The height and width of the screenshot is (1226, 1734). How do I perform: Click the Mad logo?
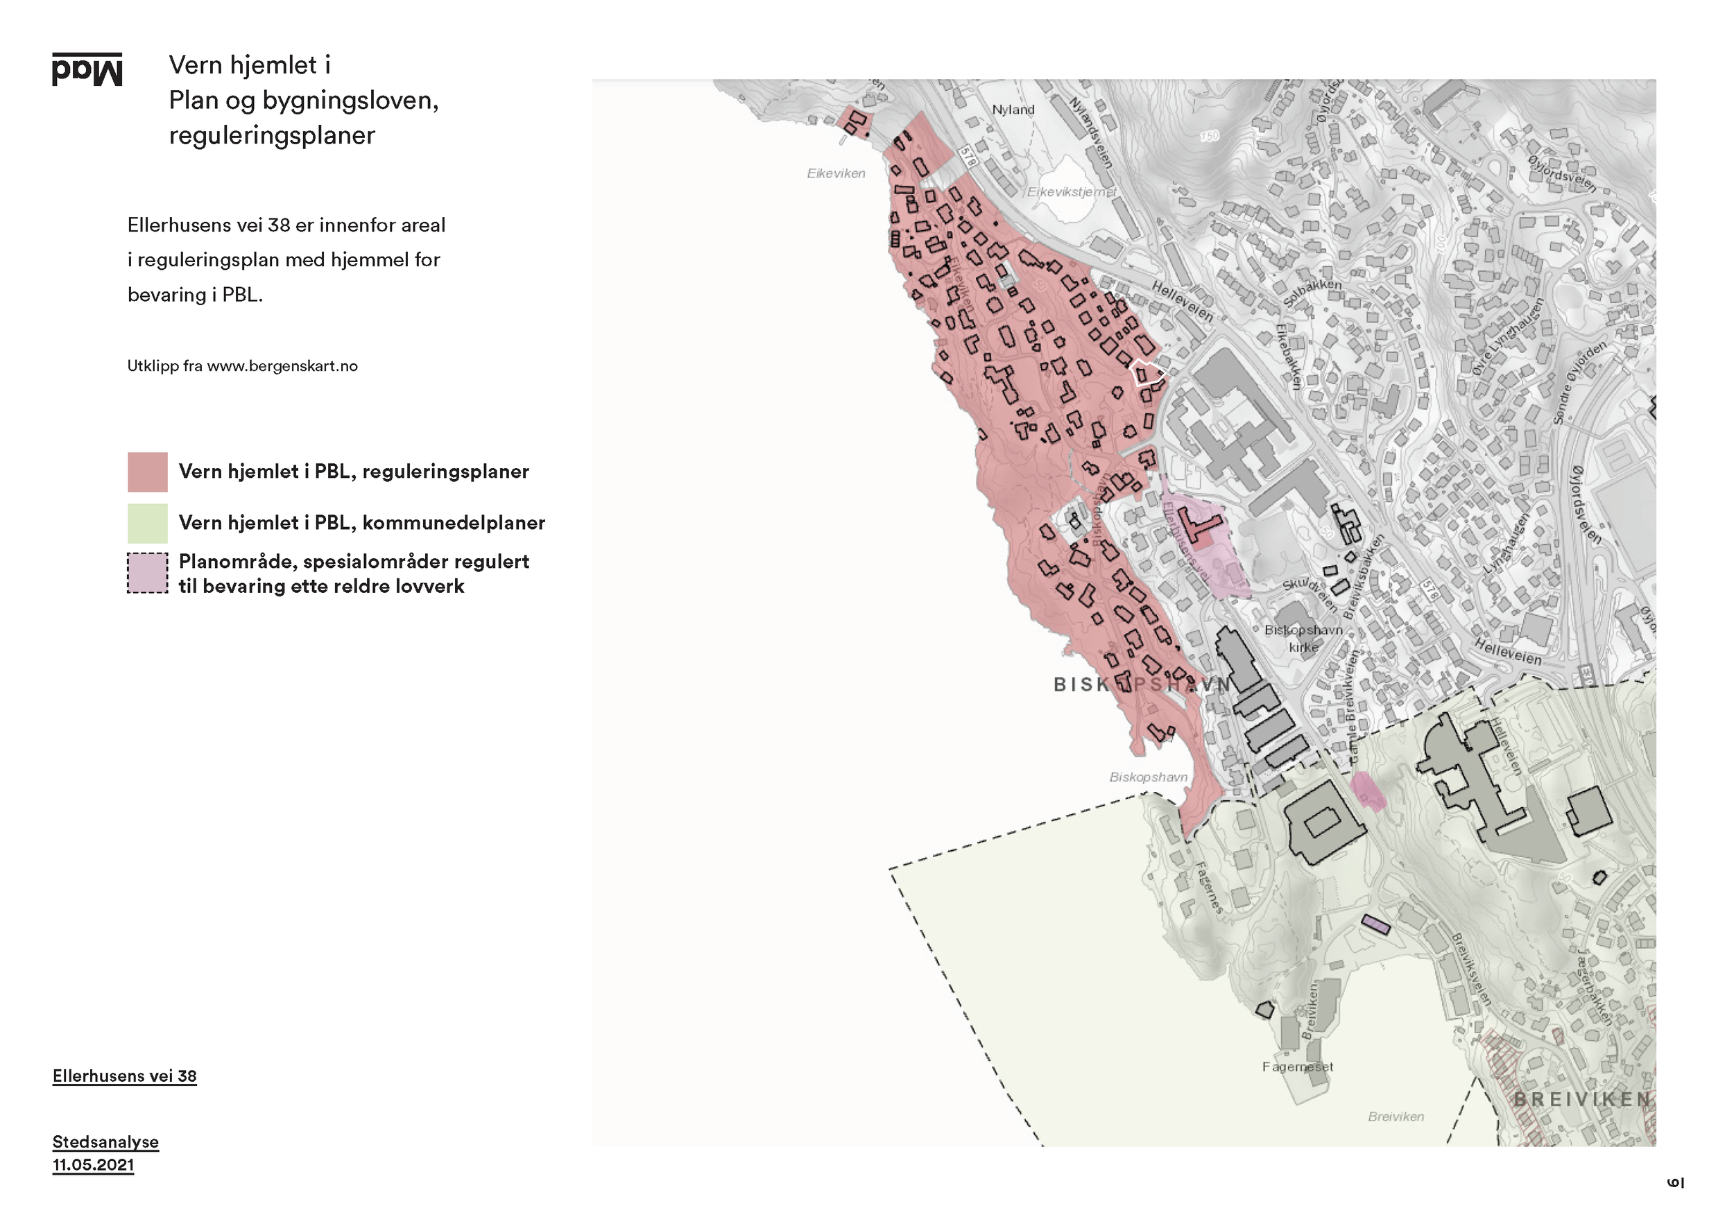[x=87, y=69]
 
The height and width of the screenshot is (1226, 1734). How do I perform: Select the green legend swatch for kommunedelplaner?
[x=147, y=523]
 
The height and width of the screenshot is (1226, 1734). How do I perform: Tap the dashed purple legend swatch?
[x=147, y=573]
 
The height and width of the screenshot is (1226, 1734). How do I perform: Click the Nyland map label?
[x=1013, y=110]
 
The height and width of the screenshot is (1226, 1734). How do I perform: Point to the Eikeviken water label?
[x=836, y=173]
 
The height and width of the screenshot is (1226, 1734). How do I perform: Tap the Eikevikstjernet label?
[x=1071, y=192]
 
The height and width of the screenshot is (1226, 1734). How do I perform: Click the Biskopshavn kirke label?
[x=1303, y=638]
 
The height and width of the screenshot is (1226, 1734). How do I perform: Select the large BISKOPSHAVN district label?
[x=1142, y=684]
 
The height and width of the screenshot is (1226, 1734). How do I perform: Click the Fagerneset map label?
[x=1298, y=1067]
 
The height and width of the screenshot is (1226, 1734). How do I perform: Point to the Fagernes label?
[x=1208, y=888]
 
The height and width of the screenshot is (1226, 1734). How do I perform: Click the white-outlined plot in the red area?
[x=1147, y=372]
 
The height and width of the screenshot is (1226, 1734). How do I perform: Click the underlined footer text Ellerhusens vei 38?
[x=125, y=1076]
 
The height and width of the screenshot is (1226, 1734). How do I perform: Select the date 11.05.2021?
[x=93, y=1164]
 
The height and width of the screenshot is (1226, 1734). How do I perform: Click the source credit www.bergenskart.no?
[x=282, y=366]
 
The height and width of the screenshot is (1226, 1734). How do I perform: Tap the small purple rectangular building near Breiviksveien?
[x=1375, y=925]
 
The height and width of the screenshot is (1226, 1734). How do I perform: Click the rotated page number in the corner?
[x=1675, y=1182]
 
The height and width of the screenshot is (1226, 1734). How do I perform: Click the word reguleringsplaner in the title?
[x=272, y=135]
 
